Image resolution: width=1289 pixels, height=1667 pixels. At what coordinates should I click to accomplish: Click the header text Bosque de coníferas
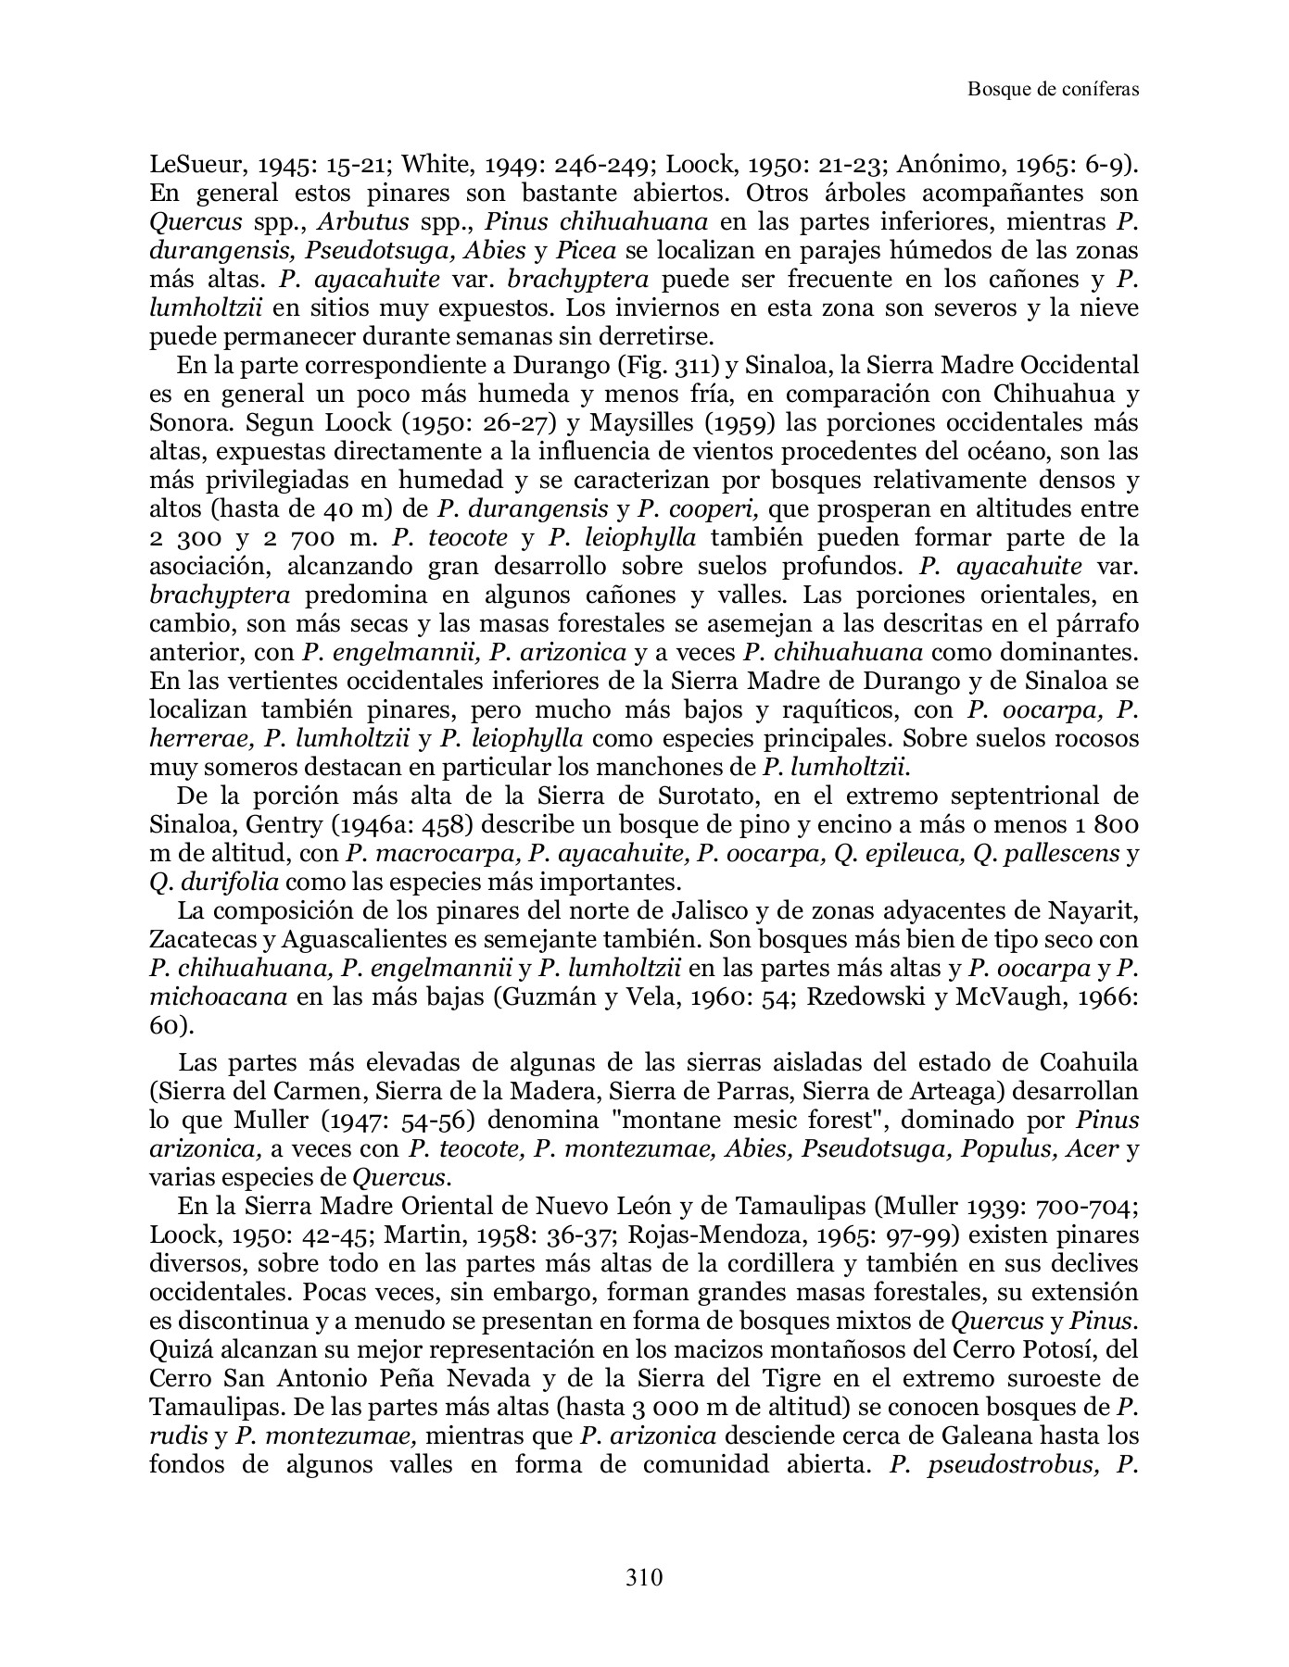coord(1052,89)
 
